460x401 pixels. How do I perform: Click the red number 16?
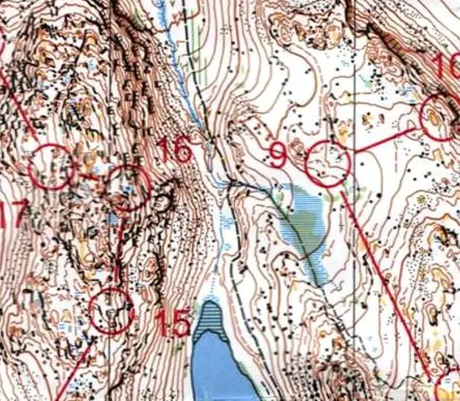[174, 151]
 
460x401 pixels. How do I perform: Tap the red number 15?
[173, 324]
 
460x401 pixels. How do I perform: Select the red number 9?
[279, 155]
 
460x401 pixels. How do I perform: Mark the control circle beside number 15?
[111, 311]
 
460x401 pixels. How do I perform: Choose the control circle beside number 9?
[327, 164]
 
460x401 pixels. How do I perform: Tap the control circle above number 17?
[51, 166]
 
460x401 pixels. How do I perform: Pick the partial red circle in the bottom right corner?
[449, 389]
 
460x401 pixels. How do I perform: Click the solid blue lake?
[214, 368]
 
